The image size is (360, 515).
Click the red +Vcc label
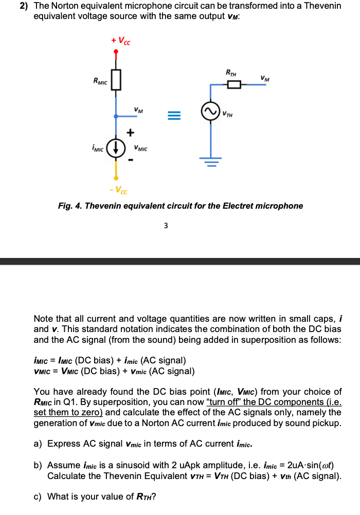pos(121,41)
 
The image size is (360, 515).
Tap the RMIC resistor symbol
pos(116,80)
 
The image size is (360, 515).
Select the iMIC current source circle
pos(116,146)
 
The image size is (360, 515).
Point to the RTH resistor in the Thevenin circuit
pos(234,85)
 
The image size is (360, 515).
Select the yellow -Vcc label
pos(119,191)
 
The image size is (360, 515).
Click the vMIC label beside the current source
pos(140,149)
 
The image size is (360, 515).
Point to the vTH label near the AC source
pos(227,114)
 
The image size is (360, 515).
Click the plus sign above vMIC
pos(131,133)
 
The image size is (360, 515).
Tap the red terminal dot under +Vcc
pos(116,51)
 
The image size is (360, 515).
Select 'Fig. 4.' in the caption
pos(70,206)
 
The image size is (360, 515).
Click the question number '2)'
pos(24,6)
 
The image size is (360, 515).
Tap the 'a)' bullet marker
pos(39,444)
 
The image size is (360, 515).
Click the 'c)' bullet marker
pos(39,496)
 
